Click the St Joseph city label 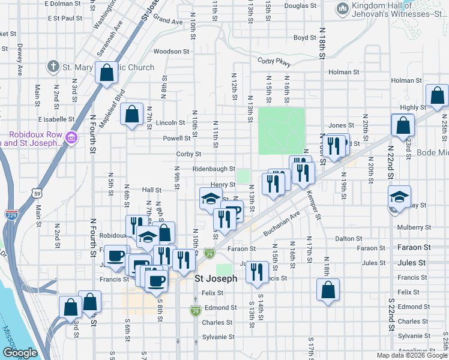[216, 279]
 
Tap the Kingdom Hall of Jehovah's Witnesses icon [342, 8]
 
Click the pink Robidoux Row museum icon [71, 139]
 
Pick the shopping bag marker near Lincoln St [131, 113]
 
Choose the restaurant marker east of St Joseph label [257, 272]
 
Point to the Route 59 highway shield [38, 194]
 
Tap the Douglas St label [300, 6]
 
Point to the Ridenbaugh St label [213, 170]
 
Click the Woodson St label [167, 52]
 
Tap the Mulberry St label [411, 227]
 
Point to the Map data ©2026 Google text [411, 355]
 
